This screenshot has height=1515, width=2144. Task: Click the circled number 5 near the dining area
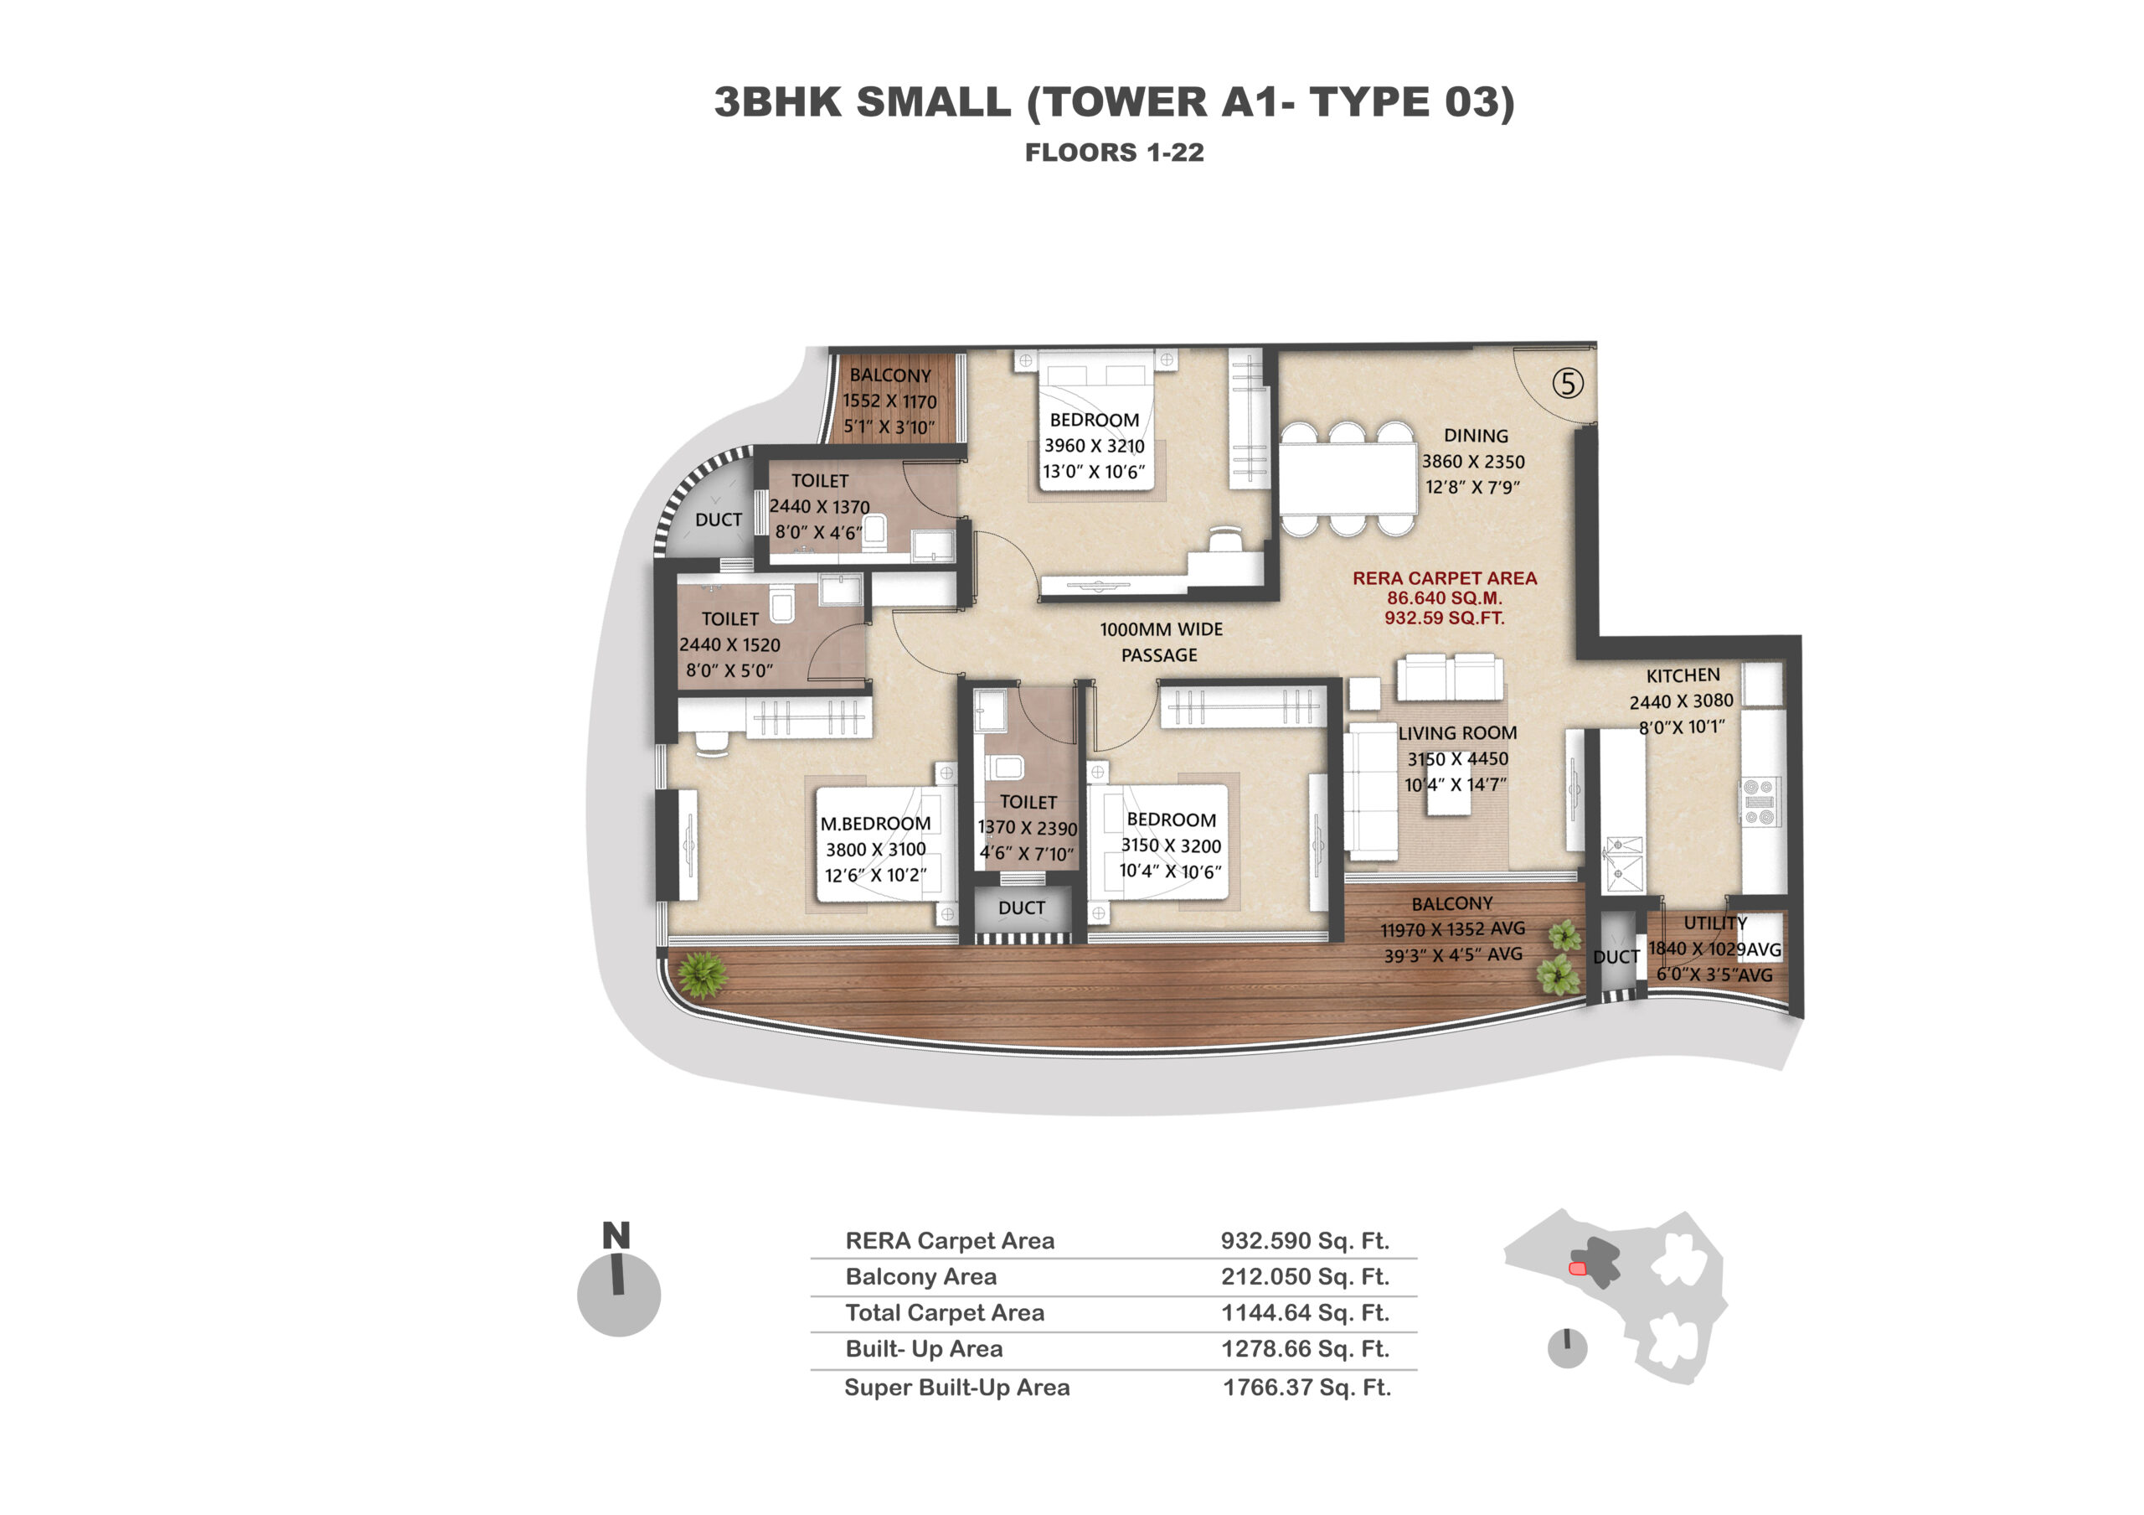click(1568, 383)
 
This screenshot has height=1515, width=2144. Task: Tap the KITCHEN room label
click(1683, 675)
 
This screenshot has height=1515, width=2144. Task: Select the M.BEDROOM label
click(875, 824)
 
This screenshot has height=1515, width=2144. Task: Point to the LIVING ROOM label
click(1457, 733)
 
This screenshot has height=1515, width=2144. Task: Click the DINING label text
click(1476, 435)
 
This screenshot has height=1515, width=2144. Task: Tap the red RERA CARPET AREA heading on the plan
click(1445, 578)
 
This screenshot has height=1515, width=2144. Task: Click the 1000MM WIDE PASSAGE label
click(1161, 643)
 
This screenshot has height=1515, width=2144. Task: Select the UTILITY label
click(1715, 923)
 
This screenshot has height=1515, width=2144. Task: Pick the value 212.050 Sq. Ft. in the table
click(1306, 1276)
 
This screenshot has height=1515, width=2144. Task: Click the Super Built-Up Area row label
click(957, 1387)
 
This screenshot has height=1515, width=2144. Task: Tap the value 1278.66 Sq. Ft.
click(1306, 1349)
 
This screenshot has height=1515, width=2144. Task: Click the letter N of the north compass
click(616, 1236)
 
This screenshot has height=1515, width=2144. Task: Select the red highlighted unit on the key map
click(1578, 1269)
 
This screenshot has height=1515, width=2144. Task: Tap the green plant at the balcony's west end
click(701, 975)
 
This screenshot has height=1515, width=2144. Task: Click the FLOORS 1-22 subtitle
click(1115, 153)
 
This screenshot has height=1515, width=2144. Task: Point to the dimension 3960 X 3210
click(1095, 447)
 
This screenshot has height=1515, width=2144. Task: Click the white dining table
click(1348, 478)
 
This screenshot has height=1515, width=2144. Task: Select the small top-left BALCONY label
click(890, 375)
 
